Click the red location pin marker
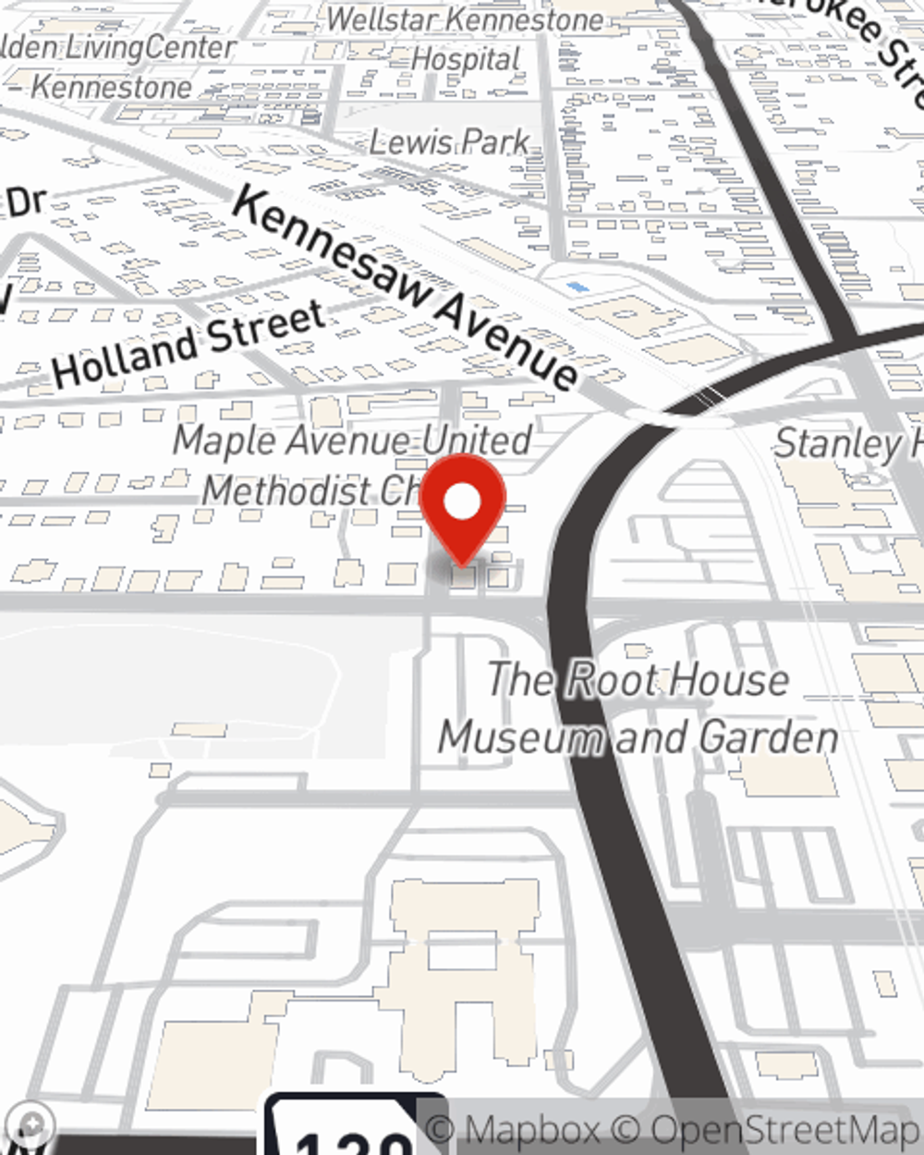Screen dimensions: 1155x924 point(462,506)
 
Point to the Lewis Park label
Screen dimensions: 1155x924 point(450,142)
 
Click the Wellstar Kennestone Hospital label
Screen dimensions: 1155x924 point(465,39)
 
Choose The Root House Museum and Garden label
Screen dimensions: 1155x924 point(638,709)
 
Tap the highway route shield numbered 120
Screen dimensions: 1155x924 point(356,1132)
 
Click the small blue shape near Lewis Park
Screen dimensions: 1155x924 point(577,288)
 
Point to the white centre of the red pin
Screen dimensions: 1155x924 point(462,503)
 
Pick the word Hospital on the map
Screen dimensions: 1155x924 point(466,60)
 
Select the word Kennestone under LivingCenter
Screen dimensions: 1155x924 point(112,88)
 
